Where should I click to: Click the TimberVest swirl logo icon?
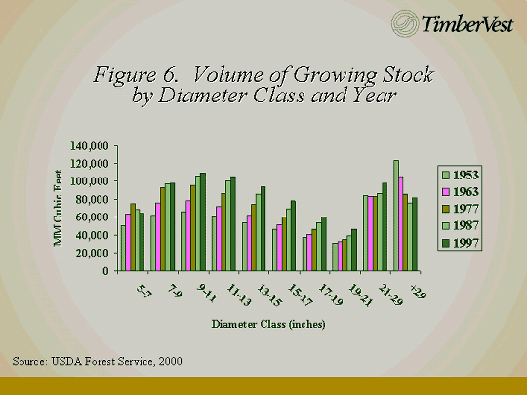coord(405,23)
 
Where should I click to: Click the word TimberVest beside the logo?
coord(467,24)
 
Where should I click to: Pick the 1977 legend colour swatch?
coord(445,209)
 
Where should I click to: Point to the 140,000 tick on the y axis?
coord(90,146)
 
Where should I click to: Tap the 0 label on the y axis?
coord(106,271)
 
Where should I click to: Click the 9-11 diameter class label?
coord(206,293)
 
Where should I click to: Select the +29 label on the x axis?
coord(418,292)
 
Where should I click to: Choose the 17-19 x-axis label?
coord(331,295)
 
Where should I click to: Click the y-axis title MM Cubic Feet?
coord(59,208)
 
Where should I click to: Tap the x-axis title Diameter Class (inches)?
coord(268,324)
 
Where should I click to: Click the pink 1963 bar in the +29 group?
coord(401,223)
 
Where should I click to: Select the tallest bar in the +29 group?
coord(396,216)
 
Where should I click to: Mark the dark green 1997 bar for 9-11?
coord(203,222)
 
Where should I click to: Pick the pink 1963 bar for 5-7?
coord(128,242)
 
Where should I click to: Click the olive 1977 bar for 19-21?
coord(345,255)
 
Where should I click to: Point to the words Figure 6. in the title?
coord(136,74)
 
